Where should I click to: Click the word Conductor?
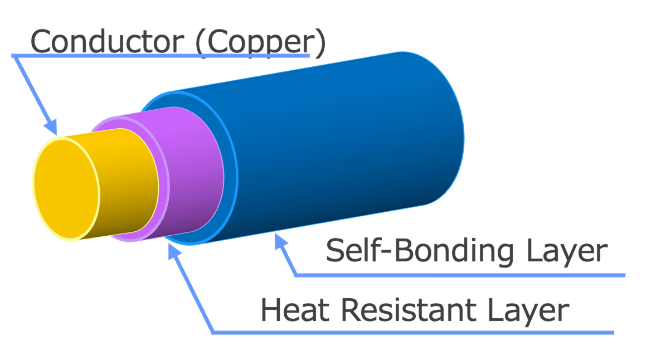(107, 41)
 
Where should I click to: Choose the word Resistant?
(409, 310)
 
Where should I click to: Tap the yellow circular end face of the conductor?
(66, 189)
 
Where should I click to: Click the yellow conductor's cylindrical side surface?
(125, 184)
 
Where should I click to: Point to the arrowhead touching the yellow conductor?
(51, 127)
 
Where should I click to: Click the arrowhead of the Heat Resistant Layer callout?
(174, 250)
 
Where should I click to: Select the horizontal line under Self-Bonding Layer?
(460, 275)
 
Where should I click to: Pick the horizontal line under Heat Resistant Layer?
(414, 333)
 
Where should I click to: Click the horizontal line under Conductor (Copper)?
(161, 56)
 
